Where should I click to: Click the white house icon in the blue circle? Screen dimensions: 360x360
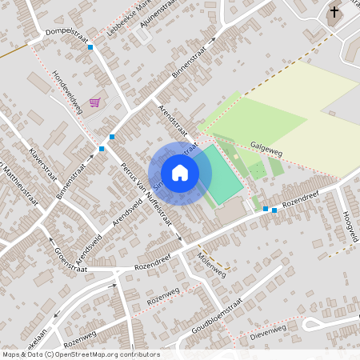point(180,173)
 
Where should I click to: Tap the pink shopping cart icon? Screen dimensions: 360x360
point(95,102)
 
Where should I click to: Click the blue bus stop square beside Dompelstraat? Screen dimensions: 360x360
point(90,47)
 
